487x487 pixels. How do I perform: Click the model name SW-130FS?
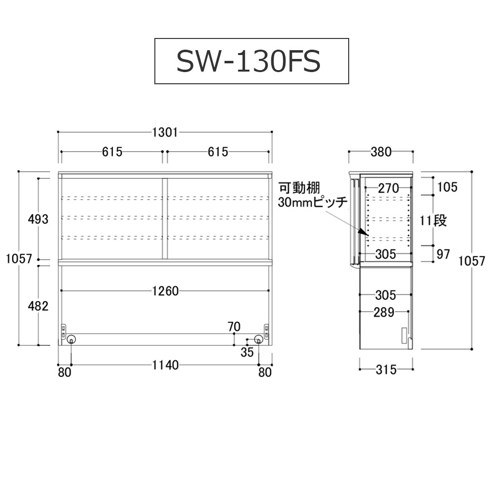(x=248, y=61)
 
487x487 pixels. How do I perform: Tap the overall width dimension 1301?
(x=165, y=132)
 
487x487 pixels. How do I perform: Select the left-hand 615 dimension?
(x=112, y=152)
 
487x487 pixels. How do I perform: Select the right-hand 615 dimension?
(x=218, y=152)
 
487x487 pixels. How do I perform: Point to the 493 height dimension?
(x=38, y=219)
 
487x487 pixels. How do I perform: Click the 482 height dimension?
(x=38, y=306)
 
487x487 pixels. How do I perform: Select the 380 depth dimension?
(x=381, y=152)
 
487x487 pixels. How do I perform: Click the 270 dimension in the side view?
(x=388, y=187)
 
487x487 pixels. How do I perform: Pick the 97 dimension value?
(x=443, y=255)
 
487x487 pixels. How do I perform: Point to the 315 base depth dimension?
(x=386, y=370)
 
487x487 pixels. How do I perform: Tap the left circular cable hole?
(x=72, y=340)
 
